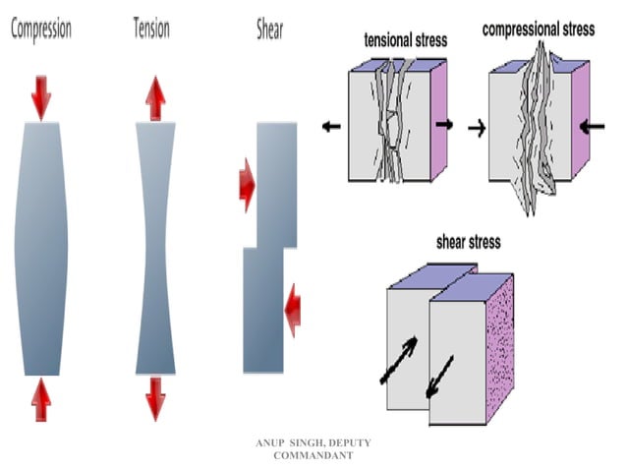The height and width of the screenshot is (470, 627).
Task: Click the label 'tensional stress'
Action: click(x=406, y=41)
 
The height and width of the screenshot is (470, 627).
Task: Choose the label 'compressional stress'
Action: click(x=539, y=29)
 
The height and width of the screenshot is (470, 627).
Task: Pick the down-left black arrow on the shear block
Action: click(x=440, y=379)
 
